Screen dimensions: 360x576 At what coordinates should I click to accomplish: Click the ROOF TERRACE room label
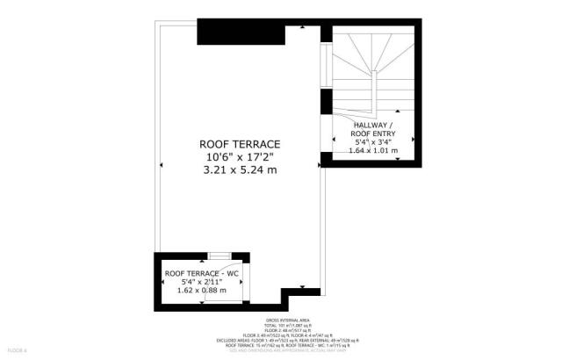coord(239,143)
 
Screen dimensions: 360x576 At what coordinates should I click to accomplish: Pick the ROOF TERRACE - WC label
coord(202,275)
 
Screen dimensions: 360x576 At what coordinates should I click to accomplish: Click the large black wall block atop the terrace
coord(241,32)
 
